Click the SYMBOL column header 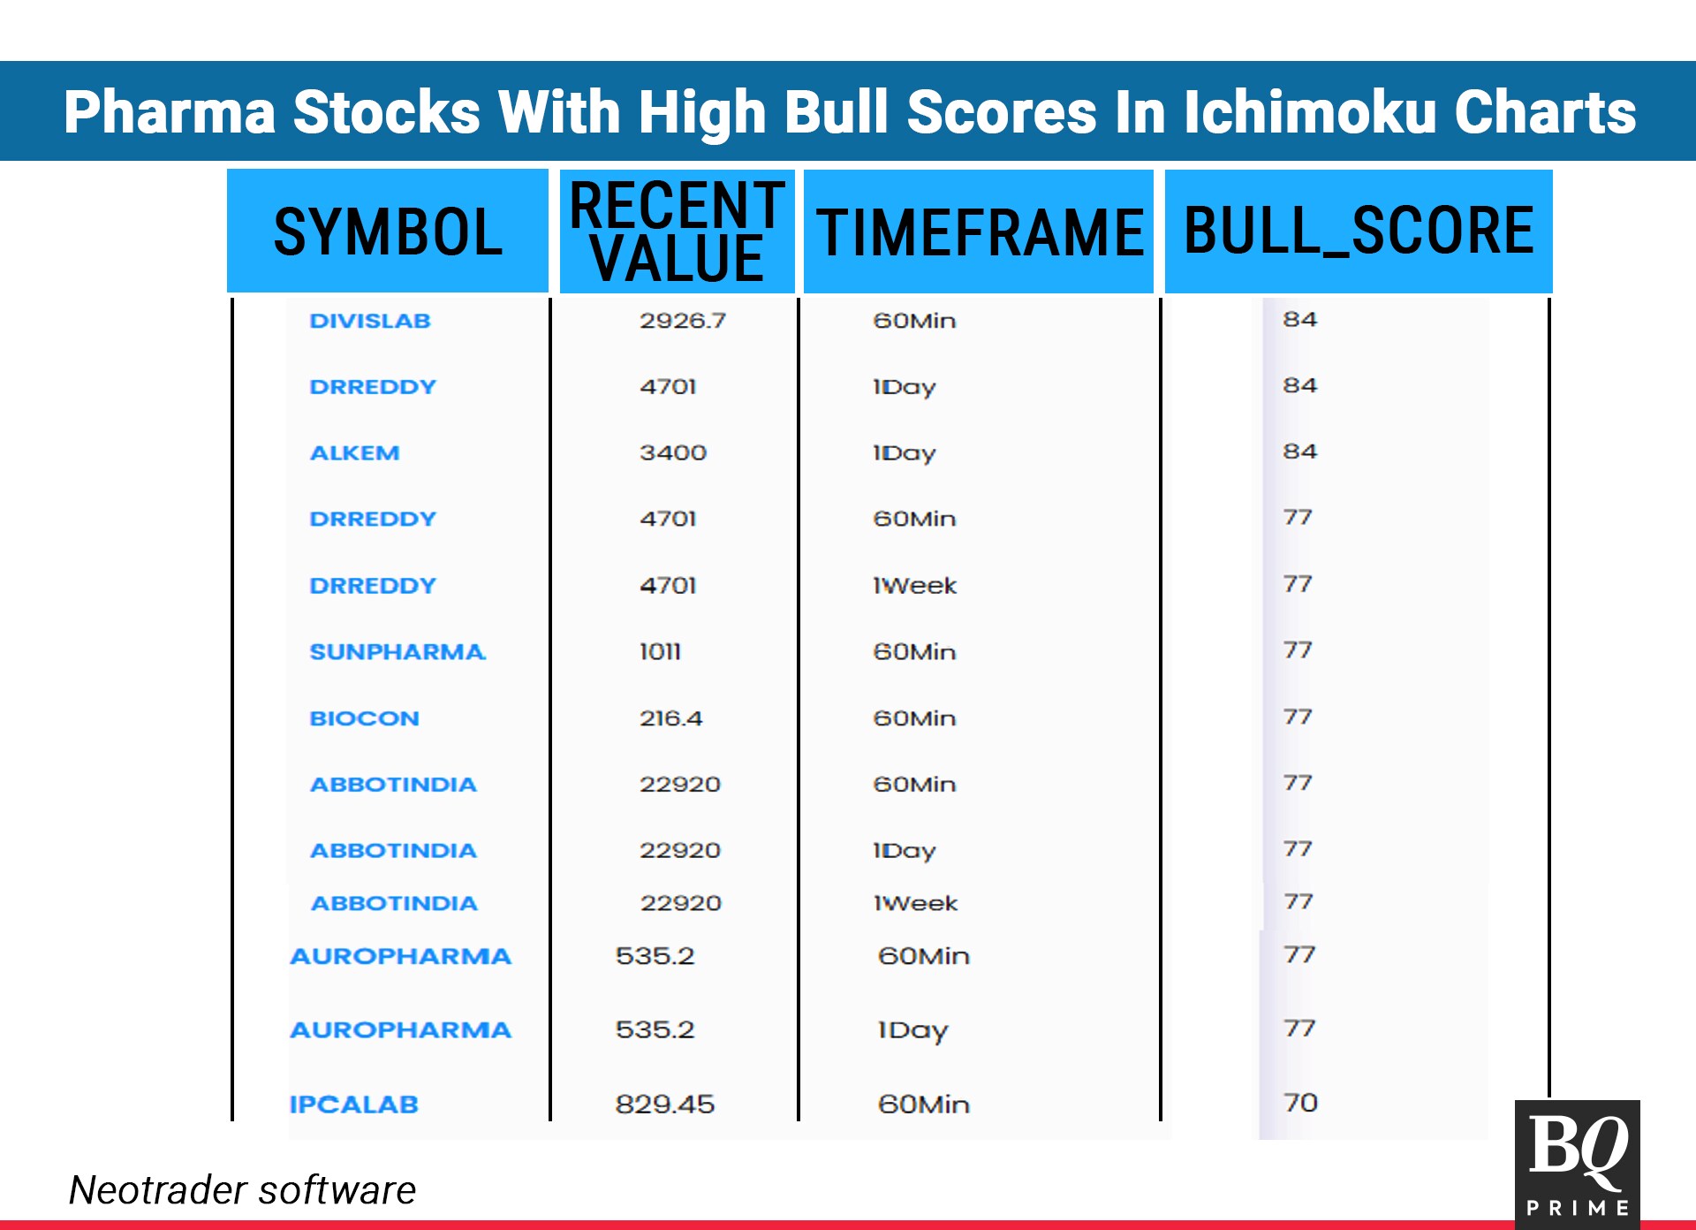click(388, 232)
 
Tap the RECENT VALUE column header click(678, 232)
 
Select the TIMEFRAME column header click(979, 232)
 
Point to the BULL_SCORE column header click(1359, 231)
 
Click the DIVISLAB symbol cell click(370, 321)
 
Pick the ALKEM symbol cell click(354, 452)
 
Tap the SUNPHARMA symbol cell click(397, 652)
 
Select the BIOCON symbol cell click(364, 718)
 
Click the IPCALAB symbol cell click(353, 1105)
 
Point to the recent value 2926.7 click(683, 321)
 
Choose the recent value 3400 click(673, 452)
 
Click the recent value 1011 click(660, 652)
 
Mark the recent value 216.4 click(671, 718)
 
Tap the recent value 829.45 click(665, 1105)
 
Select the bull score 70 click(1300, 1103)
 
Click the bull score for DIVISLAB click(1300, 319)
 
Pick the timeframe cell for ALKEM click(905, 453)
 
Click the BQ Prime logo click(1578, 1163)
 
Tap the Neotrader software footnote click(242, 1189)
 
